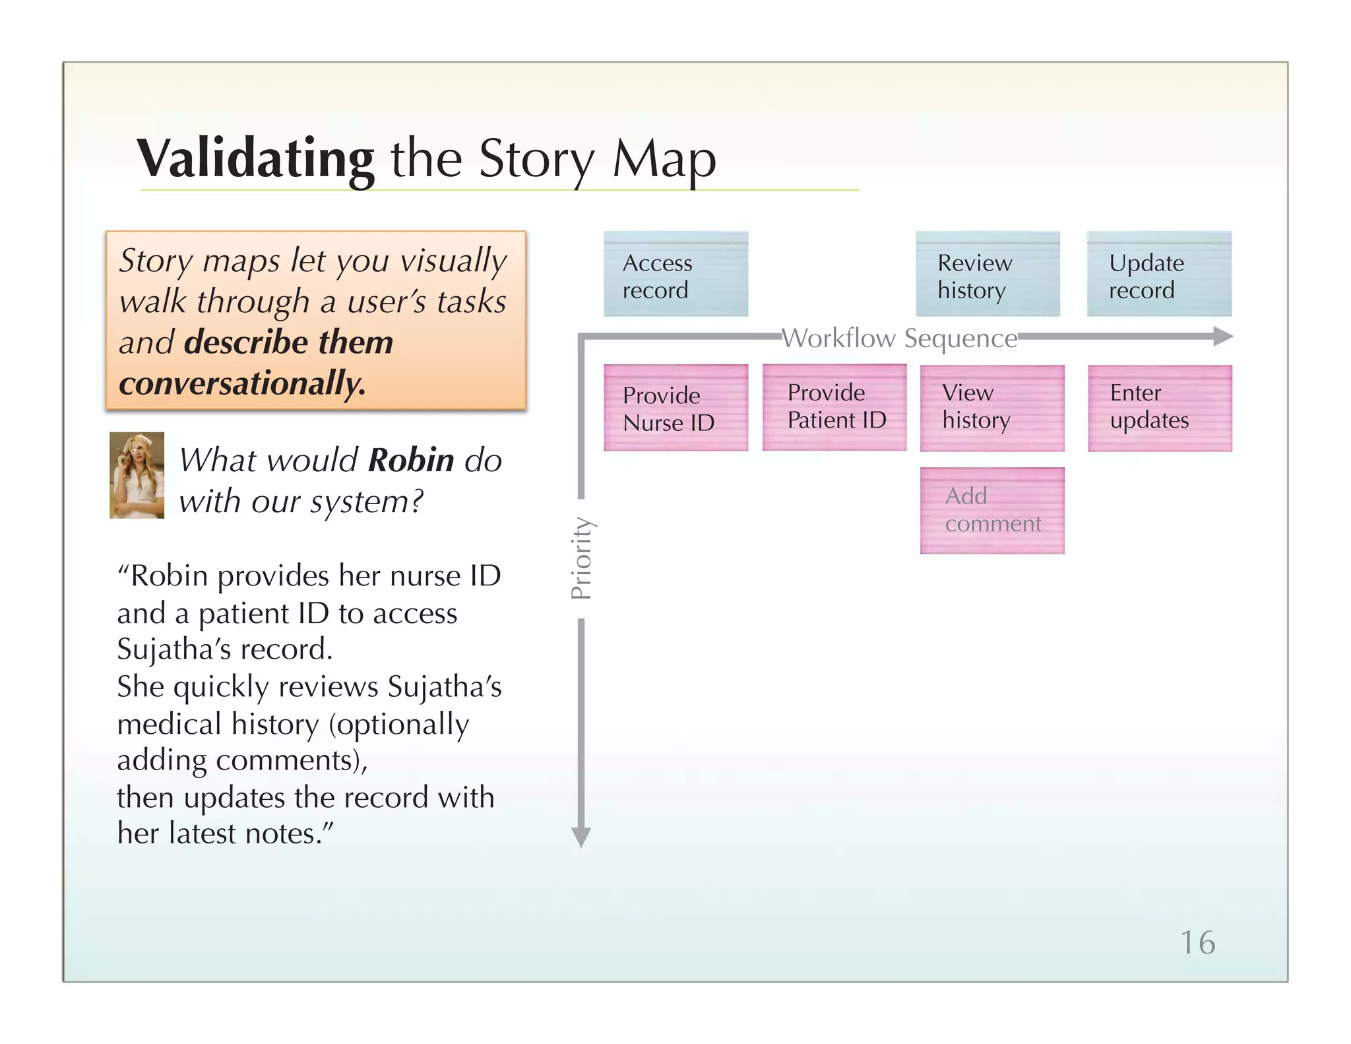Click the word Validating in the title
(x=255, y=159)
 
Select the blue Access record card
(x=675, y=274)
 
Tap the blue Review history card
(x=988, y=274)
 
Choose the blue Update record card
(x=1159, y=274)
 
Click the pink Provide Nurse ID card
(x=675, y=408)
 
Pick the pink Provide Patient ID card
(x=834, y=407)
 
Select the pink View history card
(x=992, y=408)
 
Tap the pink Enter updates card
(x=1160, y=408)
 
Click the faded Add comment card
(x=992, y=510)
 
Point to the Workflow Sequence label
(x=899, y=339)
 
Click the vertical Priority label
(x=581, y=558)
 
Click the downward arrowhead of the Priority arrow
(x=581, y=837)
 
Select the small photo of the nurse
(x=137, y=475)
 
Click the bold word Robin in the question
(x=411, y=460)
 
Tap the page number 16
(x=1197, y=942)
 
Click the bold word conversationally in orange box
(x=242, y=383)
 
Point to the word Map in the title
(x=664, y=159)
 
